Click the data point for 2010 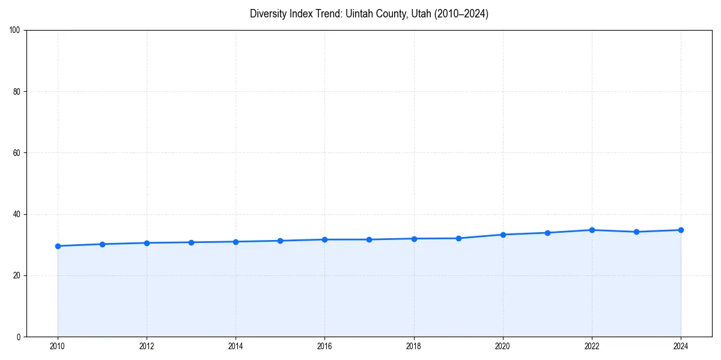click(x=58, y=246)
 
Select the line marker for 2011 click(x=102, y=244)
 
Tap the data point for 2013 click(x=191, y=242)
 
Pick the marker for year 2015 click(x=280, y=241)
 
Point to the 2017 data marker click(x=369, y=239)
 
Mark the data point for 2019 click(x=458, y=238)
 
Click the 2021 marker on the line click(x=547, y=233)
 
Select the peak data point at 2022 click(x=592, y=230)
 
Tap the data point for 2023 click(x=636, y=232)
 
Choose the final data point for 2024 click(x=681, y=230)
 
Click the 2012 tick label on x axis click(x=147, y=346)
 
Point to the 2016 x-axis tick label click(x=324, y=346)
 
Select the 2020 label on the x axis click(x=503, y=346)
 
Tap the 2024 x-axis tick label click(x=681, y=346)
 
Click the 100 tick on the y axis click(x=15, y=31)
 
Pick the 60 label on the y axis click(x=17, y=153)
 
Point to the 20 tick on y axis click(x=17, y=275)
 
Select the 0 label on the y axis click(x=19, y=337)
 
